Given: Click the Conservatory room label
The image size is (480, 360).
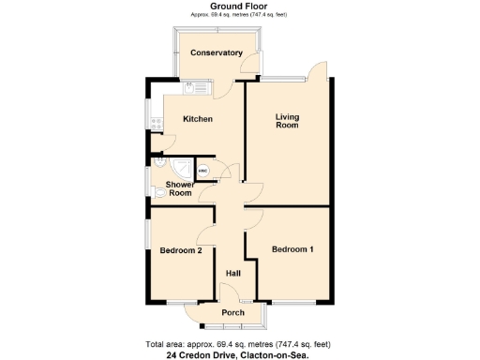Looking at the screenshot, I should click(x=217, y=52).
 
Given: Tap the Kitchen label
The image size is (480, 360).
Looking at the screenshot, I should click(x=197, y=119).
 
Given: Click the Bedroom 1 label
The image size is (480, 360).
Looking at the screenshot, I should click(x=292, y=249).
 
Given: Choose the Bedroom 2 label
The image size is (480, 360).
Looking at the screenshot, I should click(x=181, y=250).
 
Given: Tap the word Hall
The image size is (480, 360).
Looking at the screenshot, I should click(x=232, y=273).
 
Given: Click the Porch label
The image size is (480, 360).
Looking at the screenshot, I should click(x=232, y=312).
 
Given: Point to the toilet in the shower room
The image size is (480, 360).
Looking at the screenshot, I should click(x=157, y=193).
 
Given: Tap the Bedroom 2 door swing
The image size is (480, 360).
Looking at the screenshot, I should click(x=208, y=235).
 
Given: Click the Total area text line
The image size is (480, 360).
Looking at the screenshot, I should click(x=240, y=343).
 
